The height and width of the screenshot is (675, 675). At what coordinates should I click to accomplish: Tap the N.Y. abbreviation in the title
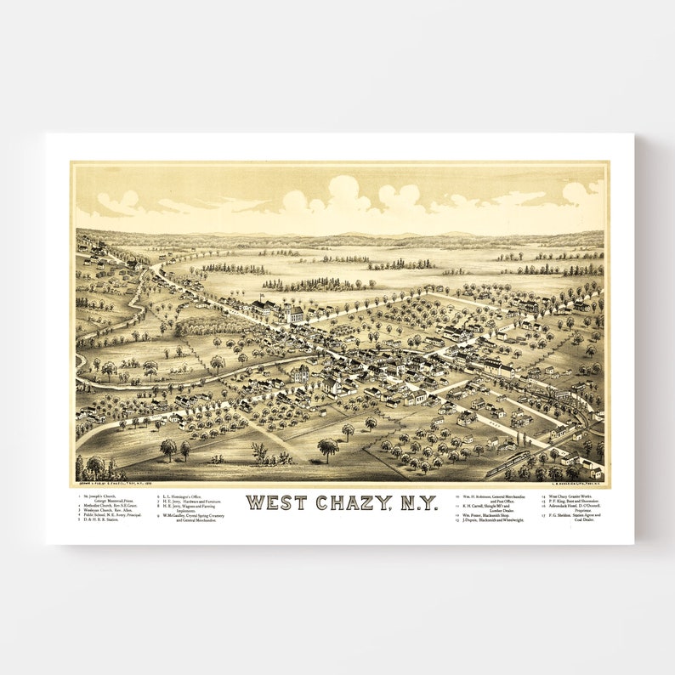(417, 502)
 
